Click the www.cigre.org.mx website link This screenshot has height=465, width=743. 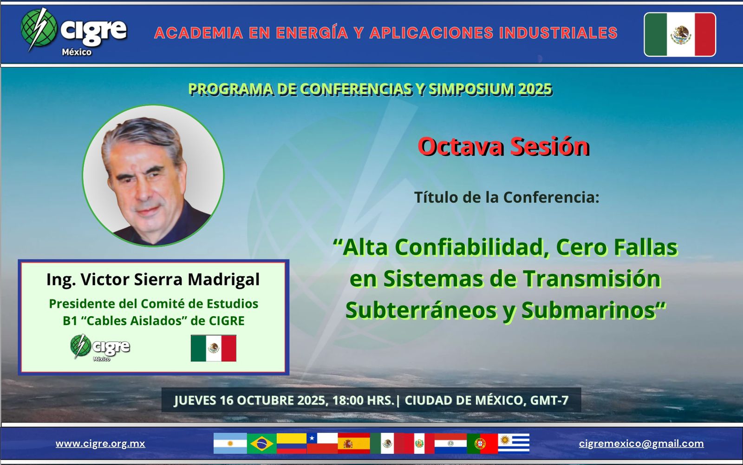click(100, 444)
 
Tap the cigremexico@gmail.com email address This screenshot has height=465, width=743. click(641, 444)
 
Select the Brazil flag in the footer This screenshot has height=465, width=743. click(262, 444)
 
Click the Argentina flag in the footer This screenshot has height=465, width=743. click(230, 444)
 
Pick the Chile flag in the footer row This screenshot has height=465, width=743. click(322, 444)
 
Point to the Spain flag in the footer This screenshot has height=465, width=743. click(354, 444)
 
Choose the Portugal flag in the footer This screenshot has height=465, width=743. click(482, 444)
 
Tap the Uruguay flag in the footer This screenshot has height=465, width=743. click(514, 444)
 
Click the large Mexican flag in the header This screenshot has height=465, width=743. click(680, 34)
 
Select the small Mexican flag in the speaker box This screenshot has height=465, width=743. click(213, 348)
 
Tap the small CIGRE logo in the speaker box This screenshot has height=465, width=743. click(100, 347)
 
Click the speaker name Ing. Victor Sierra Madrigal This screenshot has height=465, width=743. click(153, 279)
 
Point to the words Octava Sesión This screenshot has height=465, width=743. click(503, 146)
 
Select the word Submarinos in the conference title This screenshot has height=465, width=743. click(588, 311)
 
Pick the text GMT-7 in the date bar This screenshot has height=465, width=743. click(549, 400)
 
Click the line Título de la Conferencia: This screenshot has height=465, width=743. click(507, 197)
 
